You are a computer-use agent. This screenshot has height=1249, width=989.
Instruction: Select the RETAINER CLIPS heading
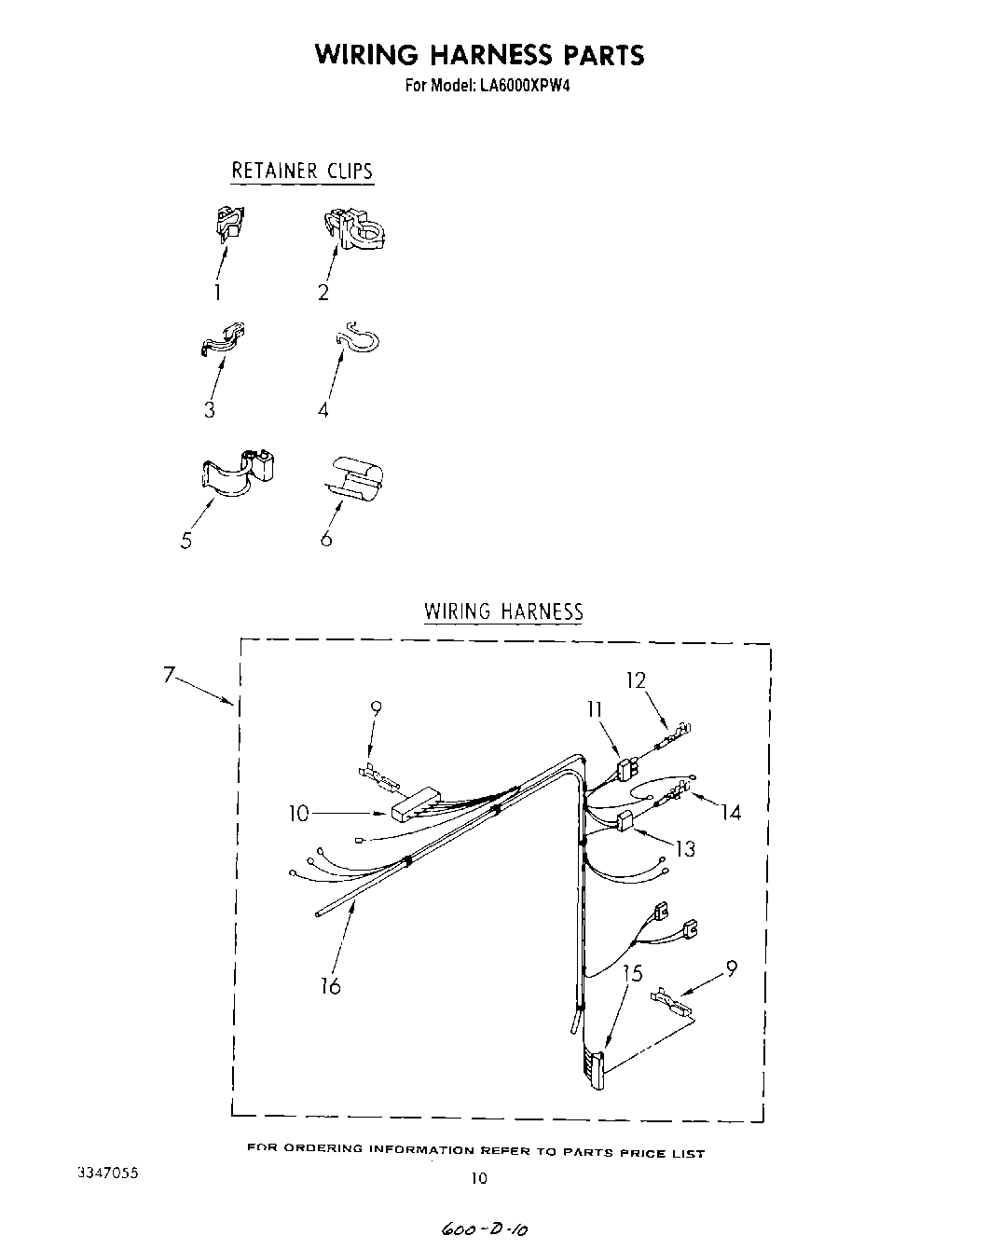302,172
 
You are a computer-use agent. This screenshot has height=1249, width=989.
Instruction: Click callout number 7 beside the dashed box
169,675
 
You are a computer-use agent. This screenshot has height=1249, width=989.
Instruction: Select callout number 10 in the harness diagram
298,814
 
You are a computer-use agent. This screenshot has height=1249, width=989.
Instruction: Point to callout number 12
636,680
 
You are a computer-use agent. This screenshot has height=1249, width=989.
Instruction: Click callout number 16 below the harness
331,985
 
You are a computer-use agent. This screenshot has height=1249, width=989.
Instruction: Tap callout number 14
731,813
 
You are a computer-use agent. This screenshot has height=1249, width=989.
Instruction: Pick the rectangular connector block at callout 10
415,804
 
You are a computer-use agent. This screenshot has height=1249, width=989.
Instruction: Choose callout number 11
595,710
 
